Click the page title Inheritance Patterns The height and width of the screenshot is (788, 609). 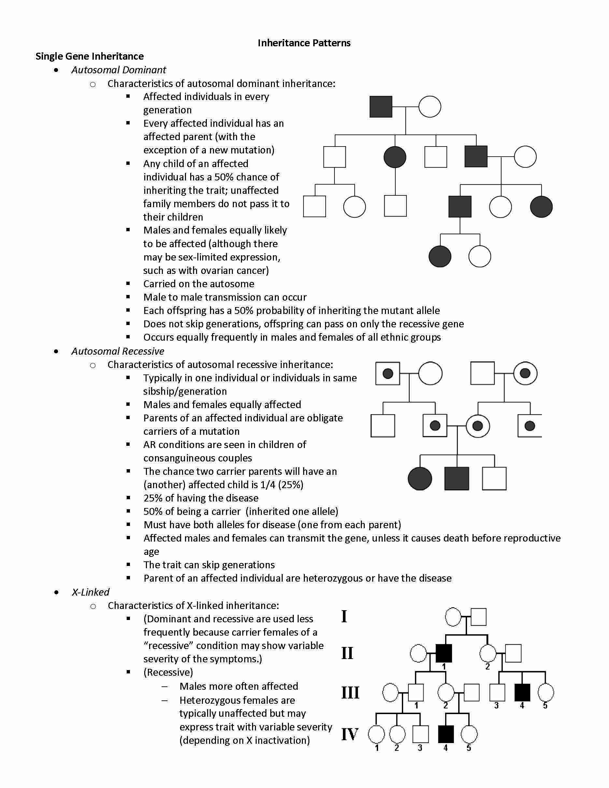tap(304, 43)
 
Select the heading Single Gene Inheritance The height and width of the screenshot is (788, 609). tap(90, 56)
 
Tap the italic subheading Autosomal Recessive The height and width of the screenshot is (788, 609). tap(118, 351)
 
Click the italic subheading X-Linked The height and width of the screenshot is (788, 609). tap(91, 592)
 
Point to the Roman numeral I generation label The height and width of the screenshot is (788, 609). tap(344, 616)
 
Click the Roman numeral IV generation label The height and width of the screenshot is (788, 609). tap(349, 734)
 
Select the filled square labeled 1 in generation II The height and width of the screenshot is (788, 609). tap(444, 654)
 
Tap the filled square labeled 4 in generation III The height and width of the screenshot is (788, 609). tap(522, 692)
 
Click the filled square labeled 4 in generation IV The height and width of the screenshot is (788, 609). tap(446, 734)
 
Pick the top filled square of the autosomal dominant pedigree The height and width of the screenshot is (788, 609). tap(381, 107)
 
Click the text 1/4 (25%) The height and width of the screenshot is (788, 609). tap(281, 485)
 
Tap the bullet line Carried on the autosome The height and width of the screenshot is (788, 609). tap(198, 284)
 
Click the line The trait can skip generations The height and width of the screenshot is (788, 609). tap(209, 565)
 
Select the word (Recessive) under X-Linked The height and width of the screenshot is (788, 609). tap(168, 672)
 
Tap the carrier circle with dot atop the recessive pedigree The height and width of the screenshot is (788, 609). tap(525, 373)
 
